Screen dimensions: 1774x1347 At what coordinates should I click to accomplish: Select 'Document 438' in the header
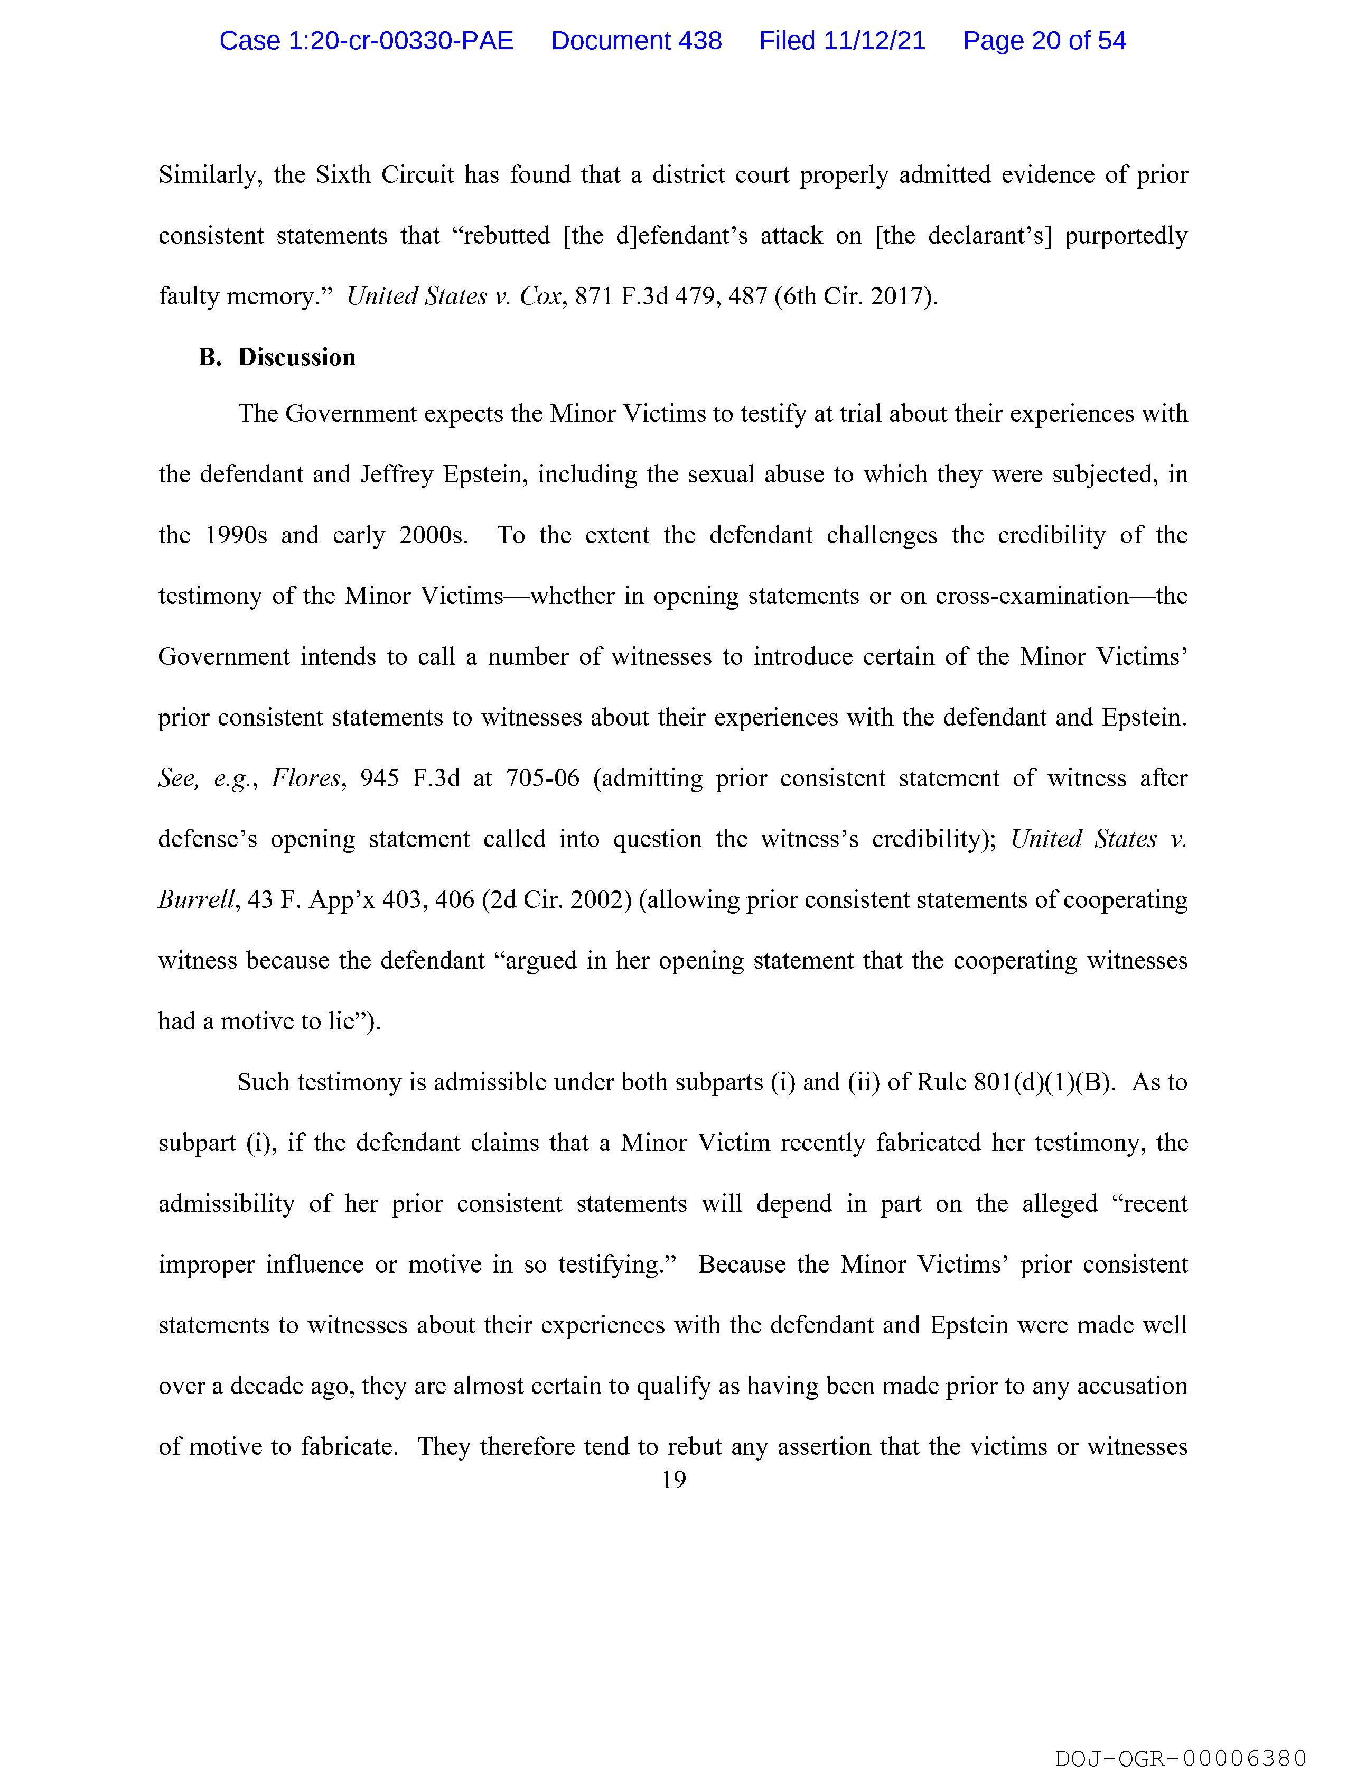(x=636, y=41)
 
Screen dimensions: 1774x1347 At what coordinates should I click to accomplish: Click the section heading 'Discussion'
(x=297, y=357)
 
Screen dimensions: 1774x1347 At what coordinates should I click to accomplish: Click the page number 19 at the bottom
(x=673, y=1480)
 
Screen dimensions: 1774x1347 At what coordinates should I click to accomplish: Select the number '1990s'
(x=236, y=536)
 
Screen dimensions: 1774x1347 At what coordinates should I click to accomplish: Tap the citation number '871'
(x=593, y=297)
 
